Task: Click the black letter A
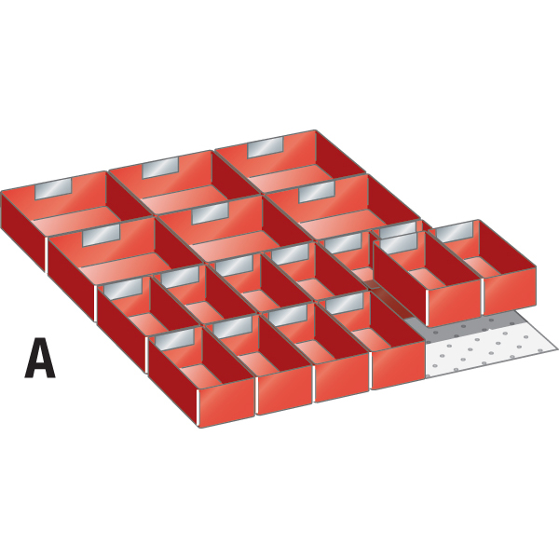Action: coord(40,359)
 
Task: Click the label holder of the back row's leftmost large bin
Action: coord(53,188)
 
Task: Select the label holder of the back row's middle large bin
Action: coord(160,168)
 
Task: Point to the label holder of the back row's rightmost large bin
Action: coord(266,148)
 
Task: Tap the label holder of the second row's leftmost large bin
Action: coord(102,235)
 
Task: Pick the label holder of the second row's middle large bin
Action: coord(211,213)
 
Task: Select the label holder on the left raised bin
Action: coord(399,243)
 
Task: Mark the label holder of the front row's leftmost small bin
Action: coord(175,337)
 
